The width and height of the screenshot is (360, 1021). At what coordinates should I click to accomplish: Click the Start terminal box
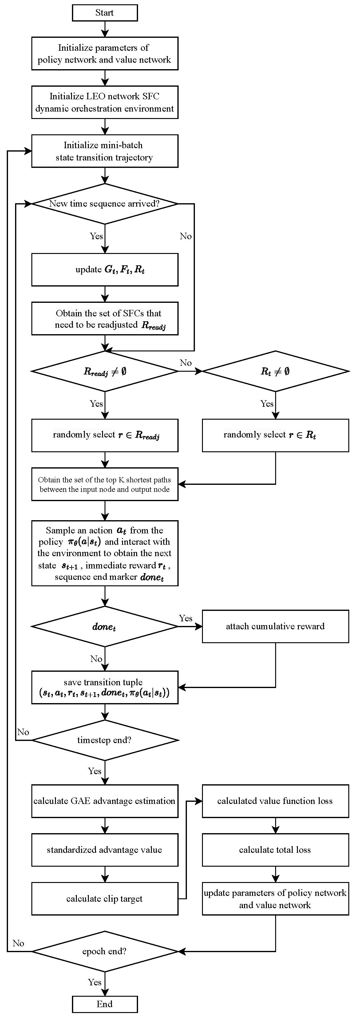coord(105,13)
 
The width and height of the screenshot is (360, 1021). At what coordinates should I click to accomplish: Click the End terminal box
coord(105,1004)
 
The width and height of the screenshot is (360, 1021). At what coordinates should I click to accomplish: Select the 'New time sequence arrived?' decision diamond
coord(105,204)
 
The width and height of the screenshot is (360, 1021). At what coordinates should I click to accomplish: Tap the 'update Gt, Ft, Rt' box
coord(105,270)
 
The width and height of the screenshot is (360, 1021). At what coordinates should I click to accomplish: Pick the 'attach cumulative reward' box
coord(275,626)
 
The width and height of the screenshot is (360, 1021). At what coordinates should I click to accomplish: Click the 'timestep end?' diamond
coord(105,740)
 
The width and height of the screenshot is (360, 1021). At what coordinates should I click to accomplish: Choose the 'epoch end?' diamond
coord(105,951)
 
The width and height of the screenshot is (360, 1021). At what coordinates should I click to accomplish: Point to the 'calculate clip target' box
coord(105,899)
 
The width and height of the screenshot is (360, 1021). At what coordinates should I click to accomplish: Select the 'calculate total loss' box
coord(275,850)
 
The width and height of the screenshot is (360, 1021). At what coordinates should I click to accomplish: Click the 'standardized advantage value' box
coord(105,850)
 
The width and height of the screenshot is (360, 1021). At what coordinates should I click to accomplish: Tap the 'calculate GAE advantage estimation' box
coord(105,801)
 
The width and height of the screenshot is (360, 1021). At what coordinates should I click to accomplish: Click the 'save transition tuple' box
coord(105,687)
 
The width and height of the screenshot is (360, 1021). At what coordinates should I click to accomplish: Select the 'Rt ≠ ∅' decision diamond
coord(275,371)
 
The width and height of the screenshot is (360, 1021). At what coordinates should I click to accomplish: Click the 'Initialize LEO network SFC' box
coord(105,102)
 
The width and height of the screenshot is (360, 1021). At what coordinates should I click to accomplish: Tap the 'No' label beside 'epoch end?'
coord(18,943)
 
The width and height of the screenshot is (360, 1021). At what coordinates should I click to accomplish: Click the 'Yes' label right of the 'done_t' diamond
coord(186,618)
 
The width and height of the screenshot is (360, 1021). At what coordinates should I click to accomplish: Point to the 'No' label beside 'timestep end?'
coord(23,732)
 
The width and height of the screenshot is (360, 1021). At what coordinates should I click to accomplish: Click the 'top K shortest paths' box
coord(105,484)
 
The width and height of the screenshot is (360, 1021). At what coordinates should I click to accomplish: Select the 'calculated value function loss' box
coord(275,801)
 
